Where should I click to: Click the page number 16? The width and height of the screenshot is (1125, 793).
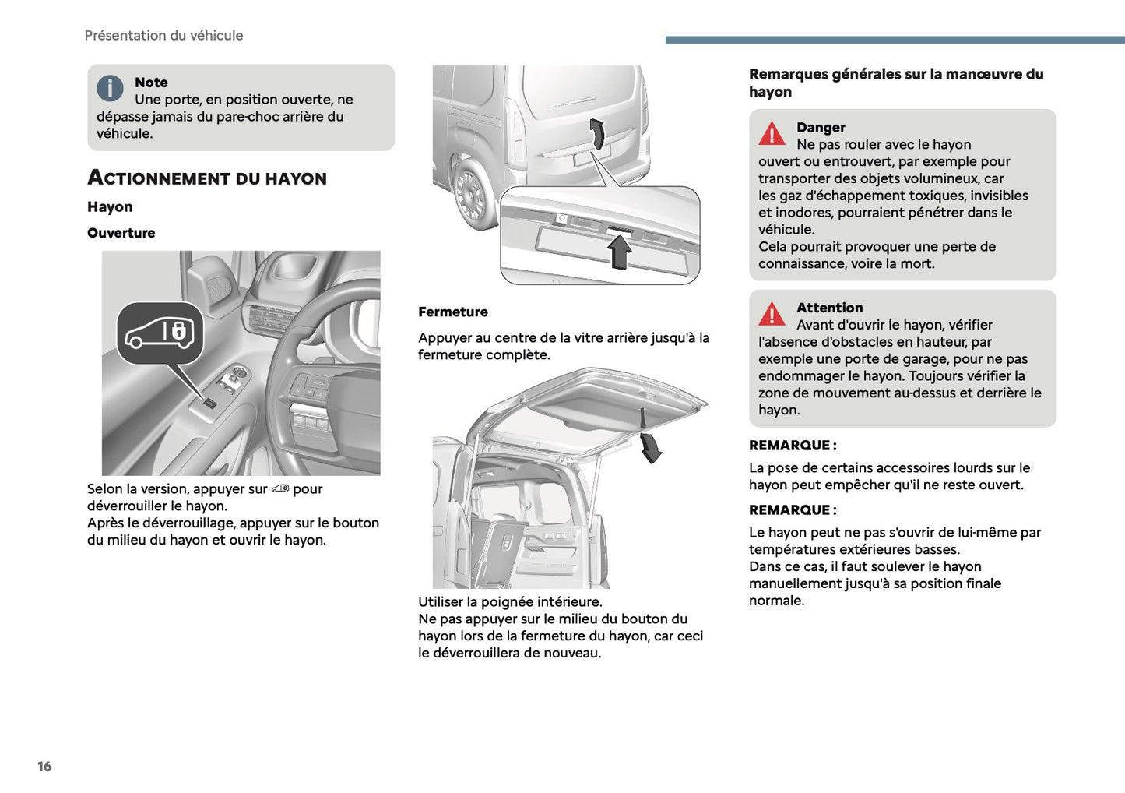pos(44,767)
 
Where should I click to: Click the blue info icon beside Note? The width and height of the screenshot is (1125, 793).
pos(110,88)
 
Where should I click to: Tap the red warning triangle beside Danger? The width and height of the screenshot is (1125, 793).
pos(772,134)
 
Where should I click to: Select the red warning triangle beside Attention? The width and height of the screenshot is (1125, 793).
pos(772,314)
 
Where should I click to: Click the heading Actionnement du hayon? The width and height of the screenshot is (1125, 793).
pos(207,178)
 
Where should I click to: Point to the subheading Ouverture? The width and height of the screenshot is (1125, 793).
pos(121,233)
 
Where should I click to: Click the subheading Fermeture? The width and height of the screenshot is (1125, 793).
pos(452,312)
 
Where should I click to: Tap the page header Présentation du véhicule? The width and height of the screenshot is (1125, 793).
pos(163,36)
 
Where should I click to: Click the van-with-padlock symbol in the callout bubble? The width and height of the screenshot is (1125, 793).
pos(160,333)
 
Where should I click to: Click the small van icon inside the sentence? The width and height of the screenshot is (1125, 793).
pos(280,489)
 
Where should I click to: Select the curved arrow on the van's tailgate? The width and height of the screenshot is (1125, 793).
pos(597,133)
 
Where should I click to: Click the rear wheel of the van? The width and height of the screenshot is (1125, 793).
pos(471,192)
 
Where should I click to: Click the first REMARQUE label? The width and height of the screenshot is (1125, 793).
pos(792,446)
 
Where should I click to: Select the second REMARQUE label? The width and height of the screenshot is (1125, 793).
pos(792,510)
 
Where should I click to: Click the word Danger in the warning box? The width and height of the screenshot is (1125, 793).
pos(821,128)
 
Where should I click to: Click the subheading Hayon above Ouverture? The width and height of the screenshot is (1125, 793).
pos(110,207)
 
